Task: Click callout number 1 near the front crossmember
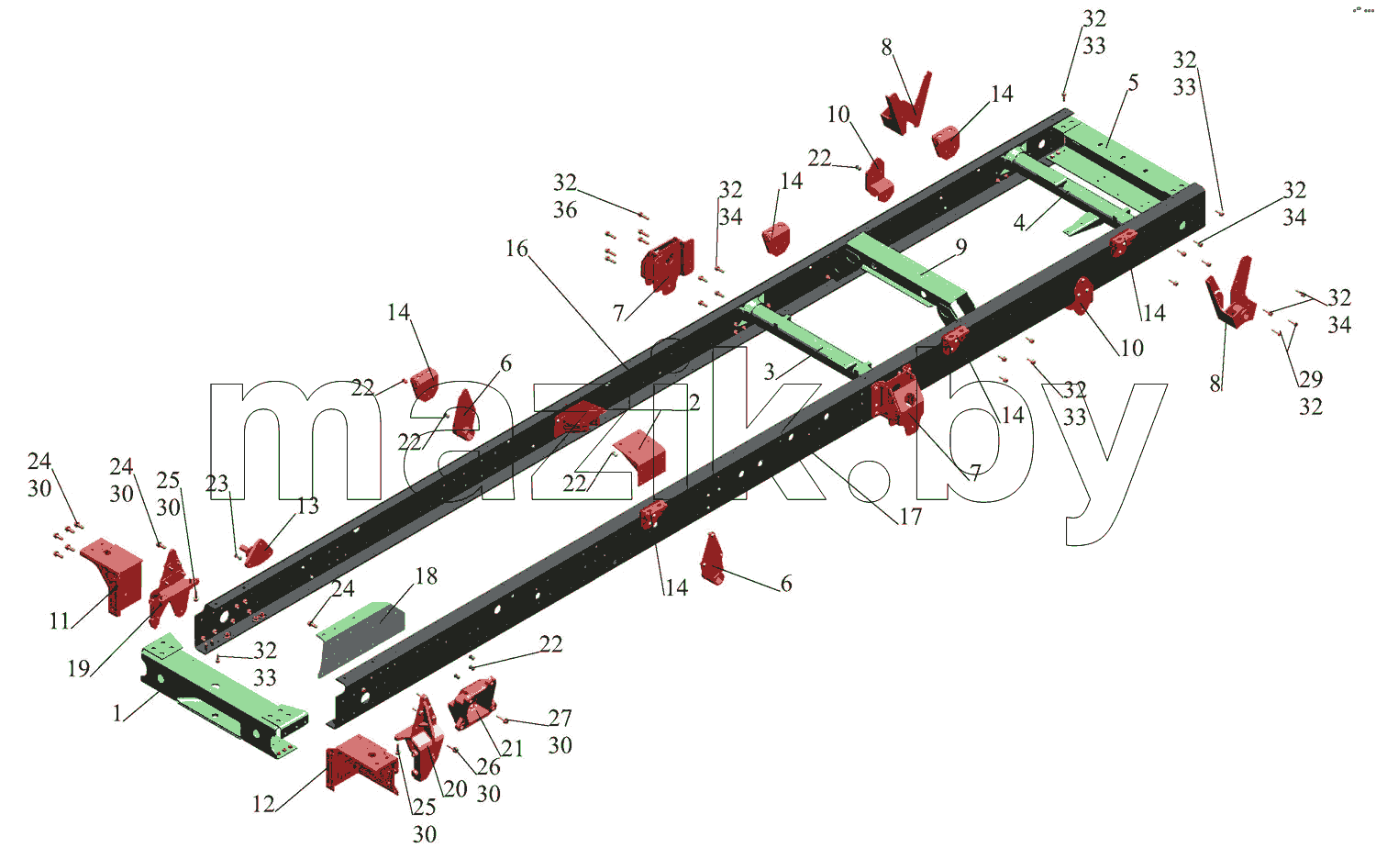(x=117, y=713)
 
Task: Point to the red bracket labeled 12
(x=361, y=764)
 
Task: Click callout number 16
(x=516, y=248)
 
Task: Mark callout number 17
(x=910, y=517)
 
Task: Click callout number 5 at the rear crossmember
(x=1133, y=83)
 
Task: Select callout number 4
(x=1019, y=222)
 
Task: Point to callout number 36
(x=565, y=210)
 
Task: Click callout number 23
(x=216, y=483)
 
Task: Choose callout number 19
(x=79, y=668)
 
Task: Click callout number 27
(x=560, y=718)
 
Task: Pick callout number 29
(x=1310, y=379)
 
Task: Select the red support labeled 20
(x=421, y=737)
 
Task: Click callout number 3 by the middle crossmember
(x=769, y=372)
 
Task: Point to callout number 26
(x=488, y=766)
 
